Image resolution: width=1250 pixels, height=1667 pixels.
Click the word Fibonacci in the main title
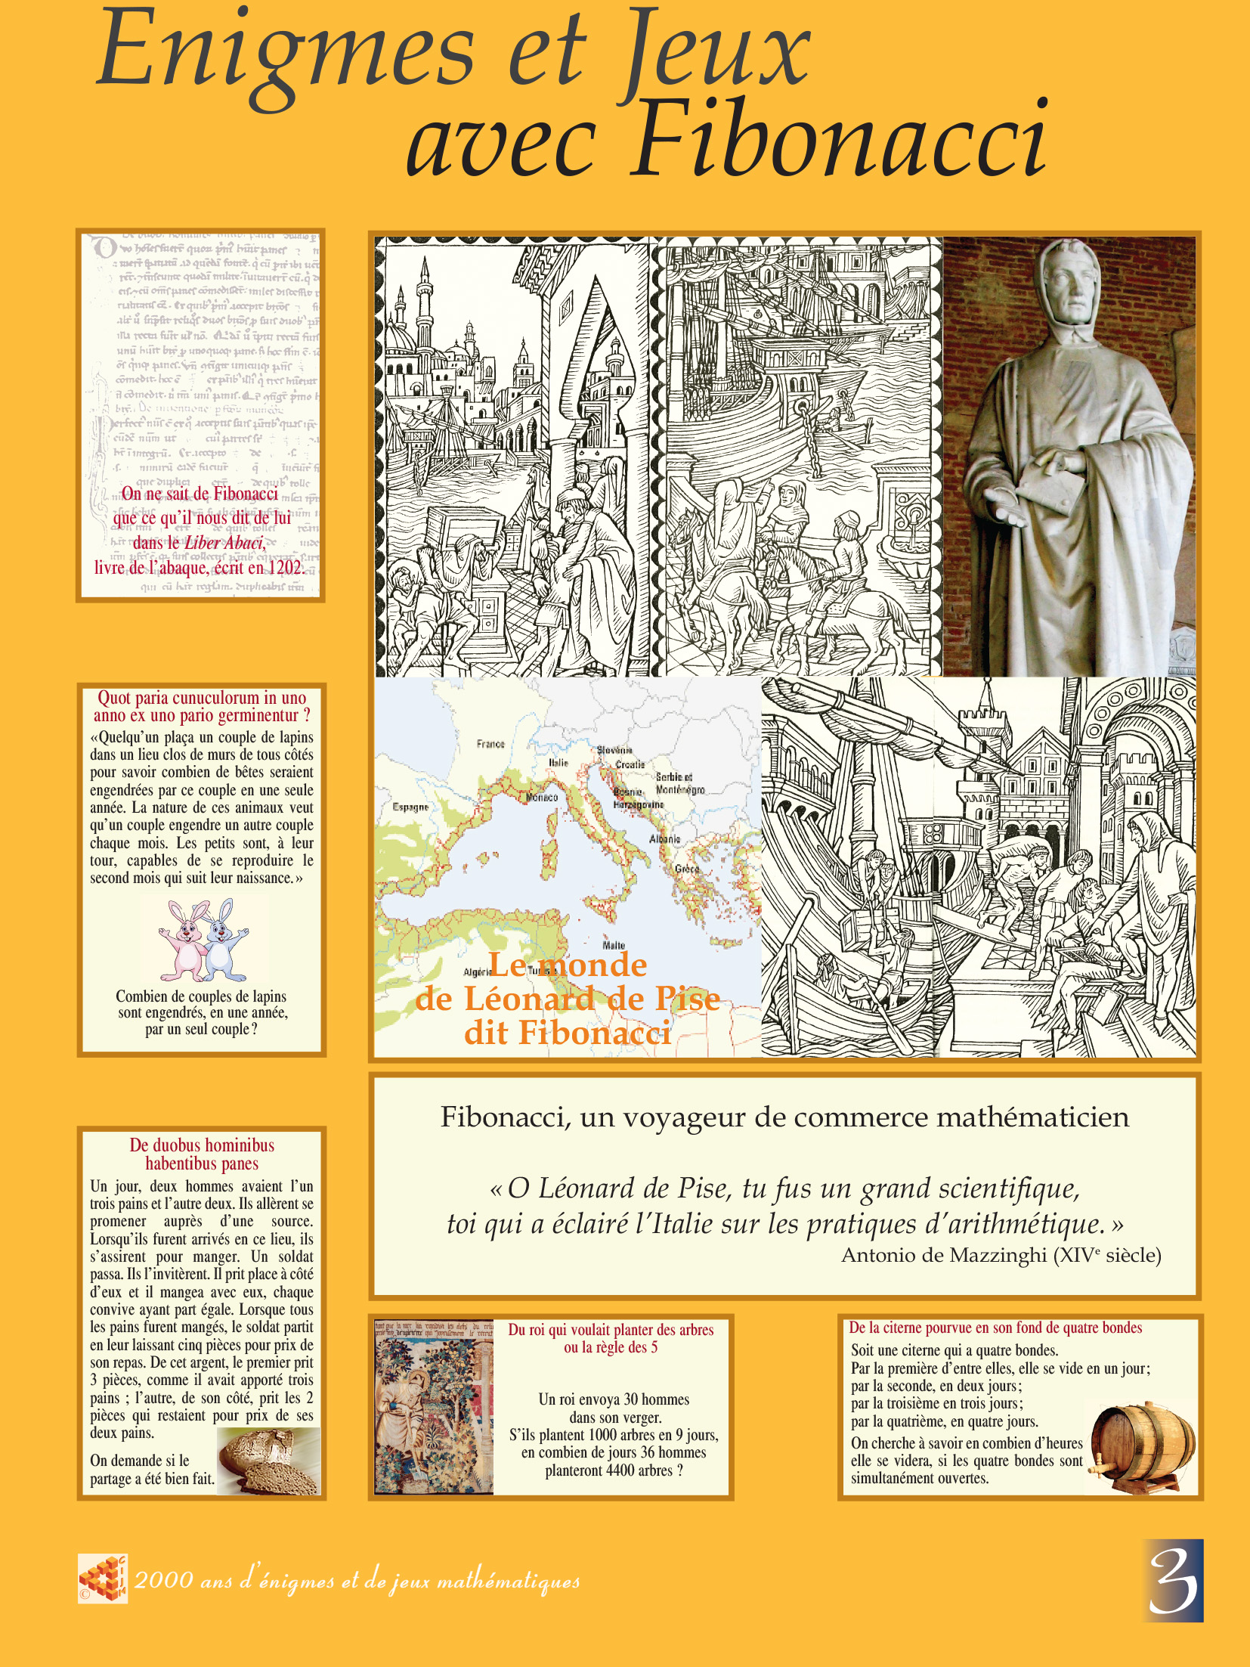click(839, 140)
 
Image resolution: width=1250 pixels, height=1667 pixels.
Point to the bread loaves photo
click(268, 1461)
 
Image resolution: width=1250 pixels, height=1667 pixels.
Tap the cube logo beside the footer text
click(103, 1579)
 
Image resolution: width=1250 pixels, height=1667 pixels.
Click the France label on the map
click(490, 744)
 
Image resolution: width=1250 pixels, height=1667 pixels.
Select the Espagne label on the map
click(410, 807)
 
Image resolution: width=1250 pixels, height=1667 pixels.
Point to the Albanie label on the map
click(665, 838)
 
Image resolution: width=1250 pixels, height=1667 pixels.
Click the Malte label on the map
click(614, 945)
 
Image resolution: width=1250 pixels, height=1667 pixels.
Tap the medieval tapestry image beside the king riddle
click(434, 1406)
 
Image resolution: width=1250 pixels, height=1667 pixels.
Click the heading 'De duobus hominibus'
click(202, 1145)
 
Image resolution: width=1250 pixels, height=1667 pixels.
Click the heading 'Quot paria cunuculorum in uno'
click(202, 698)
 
